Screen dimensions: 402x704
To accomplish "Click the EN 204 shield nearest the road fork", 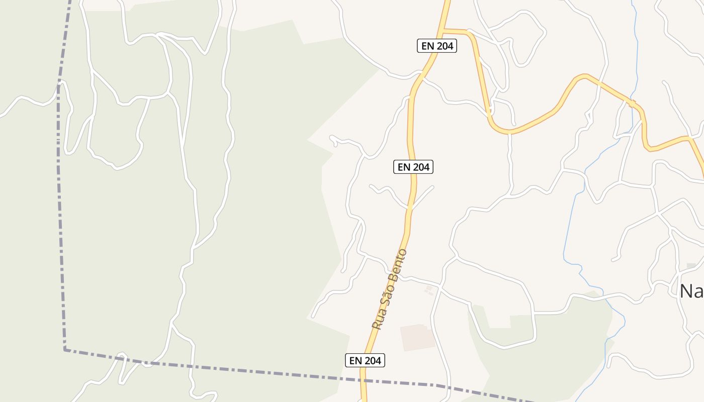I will [x=436, y=46].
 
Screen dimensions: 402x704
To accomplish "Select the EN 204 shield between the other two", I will [x=413, y=167].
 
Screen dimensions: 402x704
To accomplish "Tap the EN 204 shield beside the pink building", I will [x=365, y=360].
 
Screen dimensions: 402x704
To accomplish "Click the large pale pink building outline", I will [x=417, y=337].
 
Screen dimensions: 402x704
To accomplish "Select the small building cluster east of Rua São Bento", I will [x=428, y=290].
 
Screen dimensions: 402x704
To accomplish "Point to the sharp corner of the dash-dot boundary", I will [x=65, y=349].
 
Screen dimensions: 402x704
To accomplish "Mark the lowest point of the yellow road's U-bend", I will [x=509, y=133].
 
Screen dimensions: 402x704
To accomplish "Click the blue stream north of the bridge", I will [x=636, y=50].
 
